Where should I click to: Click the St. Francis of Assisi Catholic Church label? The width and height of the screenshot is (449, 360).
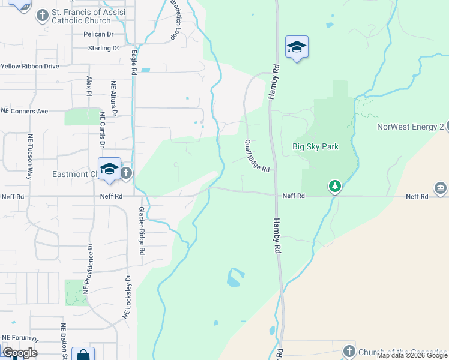click(x=86, y=19)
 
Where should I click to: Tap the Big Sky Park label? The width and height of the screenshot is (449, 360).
click(x=315, y=146)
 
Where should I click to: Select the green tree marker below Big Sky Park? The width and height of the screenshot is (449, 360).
click(x=335, y=187)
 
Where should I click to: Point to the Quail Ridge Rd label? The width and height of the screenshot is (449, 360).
click(x=256, y=157)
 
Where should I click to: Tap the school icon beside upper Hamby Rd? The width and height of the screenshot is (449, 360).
click(x=297, y=47)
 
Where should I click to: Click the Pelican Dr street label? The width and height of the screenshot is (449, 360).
click(x=99, y=35)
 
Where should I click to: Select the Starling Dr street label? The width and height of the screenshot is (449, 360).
click(x=103, y=48)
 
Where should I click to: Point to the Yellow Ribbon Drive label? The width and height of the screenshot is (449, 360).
click(x=29, y=66)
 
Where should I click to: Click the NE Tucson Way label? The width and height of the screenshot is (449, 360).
click(x=29, y=157)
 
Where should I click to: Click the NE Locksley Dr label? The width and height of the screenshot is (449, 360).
click(x=127, y=297)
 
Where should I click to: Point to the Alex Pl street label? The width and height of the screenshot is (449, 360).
click(x=89, y=88)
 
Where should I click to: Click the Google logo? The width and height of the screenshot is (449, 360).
click(x=20, y=353)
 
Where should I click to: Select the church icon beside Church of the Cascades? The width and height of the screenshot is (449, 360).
click(x=349, y=351)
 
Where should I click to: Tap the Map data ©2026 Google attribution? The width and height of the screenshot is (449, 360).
click(x=412, y=355)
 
